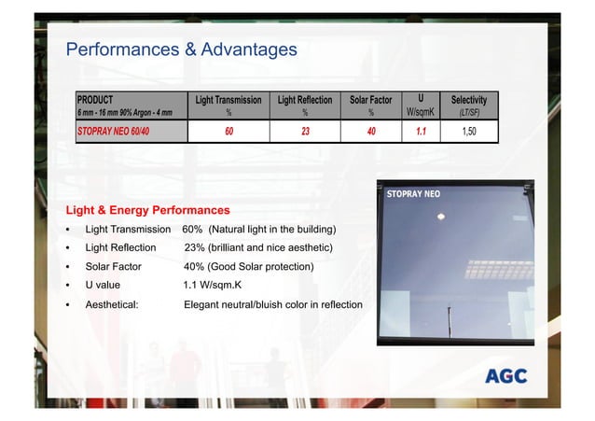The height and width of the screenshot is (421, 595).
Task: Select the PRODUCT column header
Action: pyautogui.click(x=95, y=99)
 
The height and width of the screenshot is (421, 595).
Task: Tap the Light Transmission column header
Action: pyautogui.click(x=228, y=99)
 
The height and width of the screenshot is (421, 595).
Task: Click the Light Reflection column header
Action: pyautogui.click(x=305, y=99)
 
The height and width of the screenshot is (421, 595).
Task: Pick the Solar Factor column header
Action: pyautogui.click(x=371, y=99)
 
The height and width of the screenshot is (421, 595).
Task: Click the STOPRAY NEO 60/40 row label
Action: pyautogui.click(x=112, y=132)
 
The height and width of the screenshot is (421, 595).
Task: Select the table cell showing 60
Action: pyautogui.click(x=228, y=132)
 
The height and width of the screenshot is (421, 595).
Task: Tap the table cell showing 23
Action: pyautogui.click(x=305, y=132)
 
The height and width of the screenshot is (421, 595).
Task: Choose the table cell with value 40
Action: pyautogui.click(x=371, y=132)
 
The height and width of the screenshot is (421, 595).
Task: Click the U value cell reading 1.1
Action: pyautogui.click(x=421, y=132)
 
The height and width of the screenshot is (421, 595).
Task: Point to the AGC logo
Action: pyautogui.click(x=505, y=376)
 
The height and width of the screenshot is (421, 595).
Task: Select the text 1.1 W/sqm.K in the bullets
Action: pyautogui.click(x=216, y=286)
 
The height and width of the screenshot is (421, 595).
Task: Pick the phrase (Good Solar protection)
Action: pyautogui.click(x=260, y=267)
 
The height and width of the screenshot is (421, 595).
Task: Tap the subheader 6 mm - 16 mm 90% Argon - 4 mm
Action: pyautogui.click(x=124, y=114)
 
